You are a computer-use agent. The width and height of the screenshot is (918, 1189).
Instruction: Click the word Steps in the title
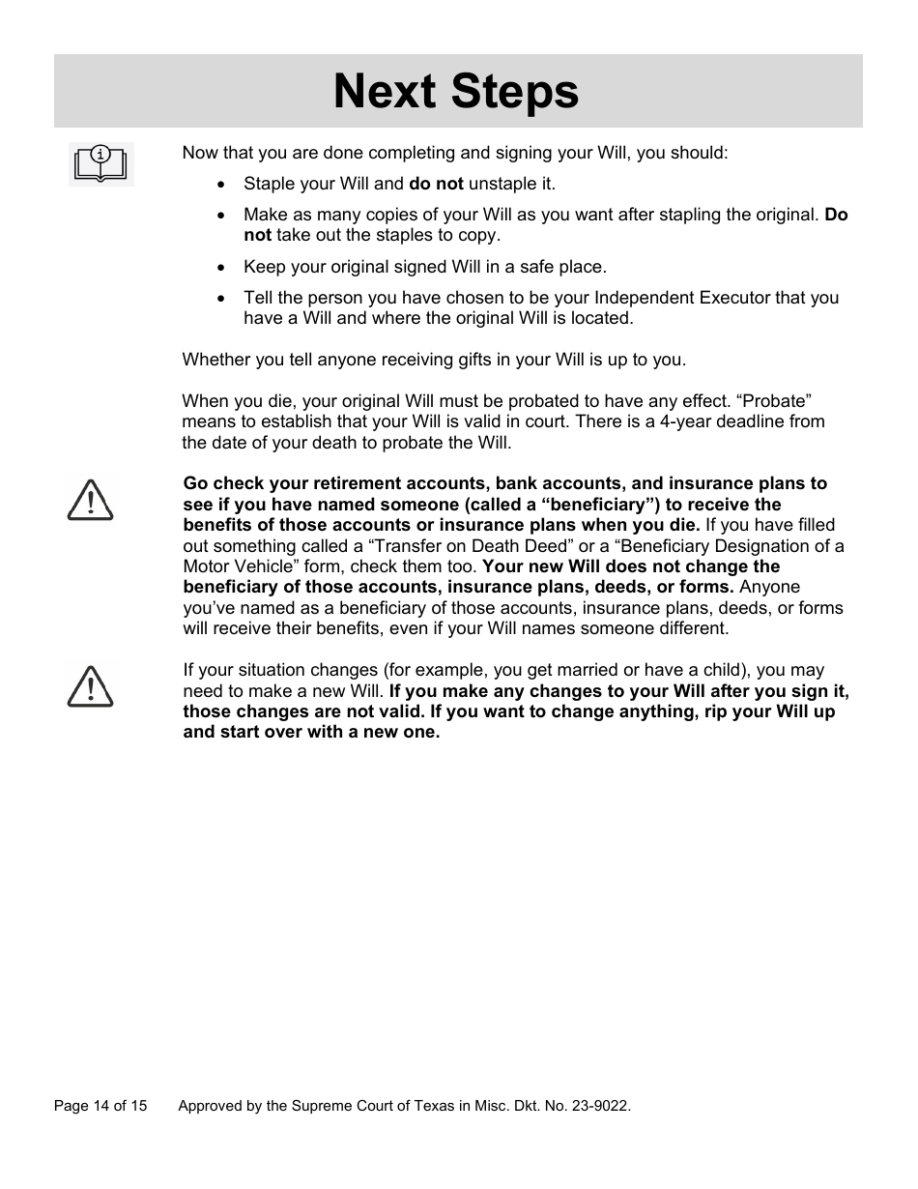[512, 92]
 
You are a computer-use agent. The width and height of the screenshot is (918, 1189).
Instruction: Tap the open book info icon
[100, 162]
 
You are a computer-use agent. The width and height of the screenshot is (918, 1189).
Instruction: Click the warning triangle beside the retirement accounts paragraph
[90, 501]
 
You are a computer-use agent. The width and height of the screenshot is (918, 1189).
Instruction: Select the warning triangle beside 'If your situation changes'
[90, 686]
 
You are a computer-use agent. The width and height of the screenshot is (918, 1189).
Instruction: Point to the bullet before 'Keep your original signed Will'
[222, 268]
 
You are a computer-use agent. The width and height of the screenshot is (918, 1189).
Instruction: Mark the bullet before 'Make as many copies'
[222, 216]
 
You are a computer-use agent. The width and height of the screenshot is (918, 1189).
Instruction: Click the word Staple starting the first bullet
[270, 184]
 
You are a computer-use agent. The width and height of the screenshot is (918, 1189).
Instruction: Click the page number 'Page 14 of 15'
[100, 1106]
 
